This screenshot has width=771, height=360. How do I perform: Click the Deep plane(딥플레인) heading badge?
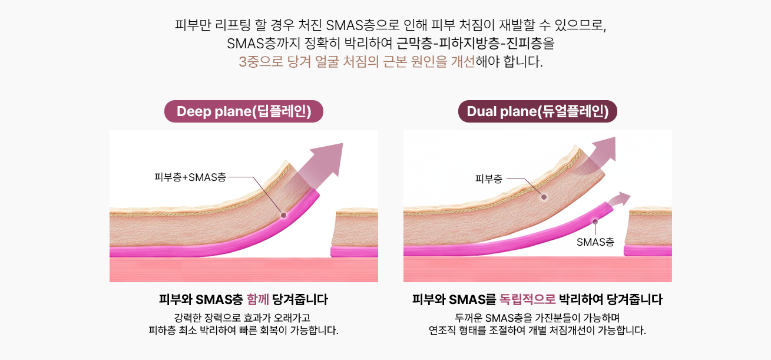tap(244, 111)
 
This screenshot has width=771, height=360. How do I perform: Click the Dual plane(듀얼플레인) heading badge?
tap(537, 111)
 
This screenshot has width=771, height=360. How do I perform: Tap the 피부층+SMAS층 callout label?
tap(190, 177)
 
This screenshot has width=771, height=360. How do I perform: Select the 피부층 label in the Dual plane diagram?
tap(488, 179)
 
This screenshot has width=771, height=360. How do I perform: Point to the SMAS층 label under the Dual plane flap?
tap(595, 242)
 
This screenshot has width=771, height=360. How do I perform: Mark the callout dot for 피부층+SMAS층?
tap(284, 216)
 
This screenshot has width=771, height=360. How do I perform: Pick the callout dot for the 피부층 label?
tap(544, 197)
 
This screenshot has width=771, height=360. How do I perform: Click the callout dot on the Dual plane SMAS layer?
tap(595, 222)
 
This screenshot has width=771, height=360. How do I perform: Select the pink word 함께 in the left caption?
tap(258, 299)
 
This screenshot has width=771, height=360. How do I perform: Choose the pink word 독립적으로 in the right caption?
tap(527, 299)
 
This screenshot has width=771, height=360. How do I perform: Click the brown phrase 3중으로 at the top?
tap(261, 62)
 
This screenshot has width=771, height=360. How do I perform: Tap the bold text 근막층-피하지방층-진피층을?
tap(475, 44)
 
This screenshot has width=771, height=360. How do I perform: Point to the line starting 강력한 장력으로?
tap(242, 318)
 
